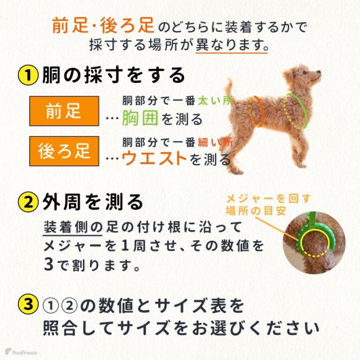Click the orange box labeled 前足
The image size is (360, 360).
coord(63,111)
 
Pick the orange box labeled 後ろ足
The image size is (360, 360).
coord(63,151)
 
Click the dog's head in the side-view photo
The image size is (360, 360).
coord(306,74)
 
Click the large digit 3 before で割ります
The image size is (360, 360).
coord(49,262)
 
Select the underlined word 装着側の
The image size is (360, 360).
coord(73,226)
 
